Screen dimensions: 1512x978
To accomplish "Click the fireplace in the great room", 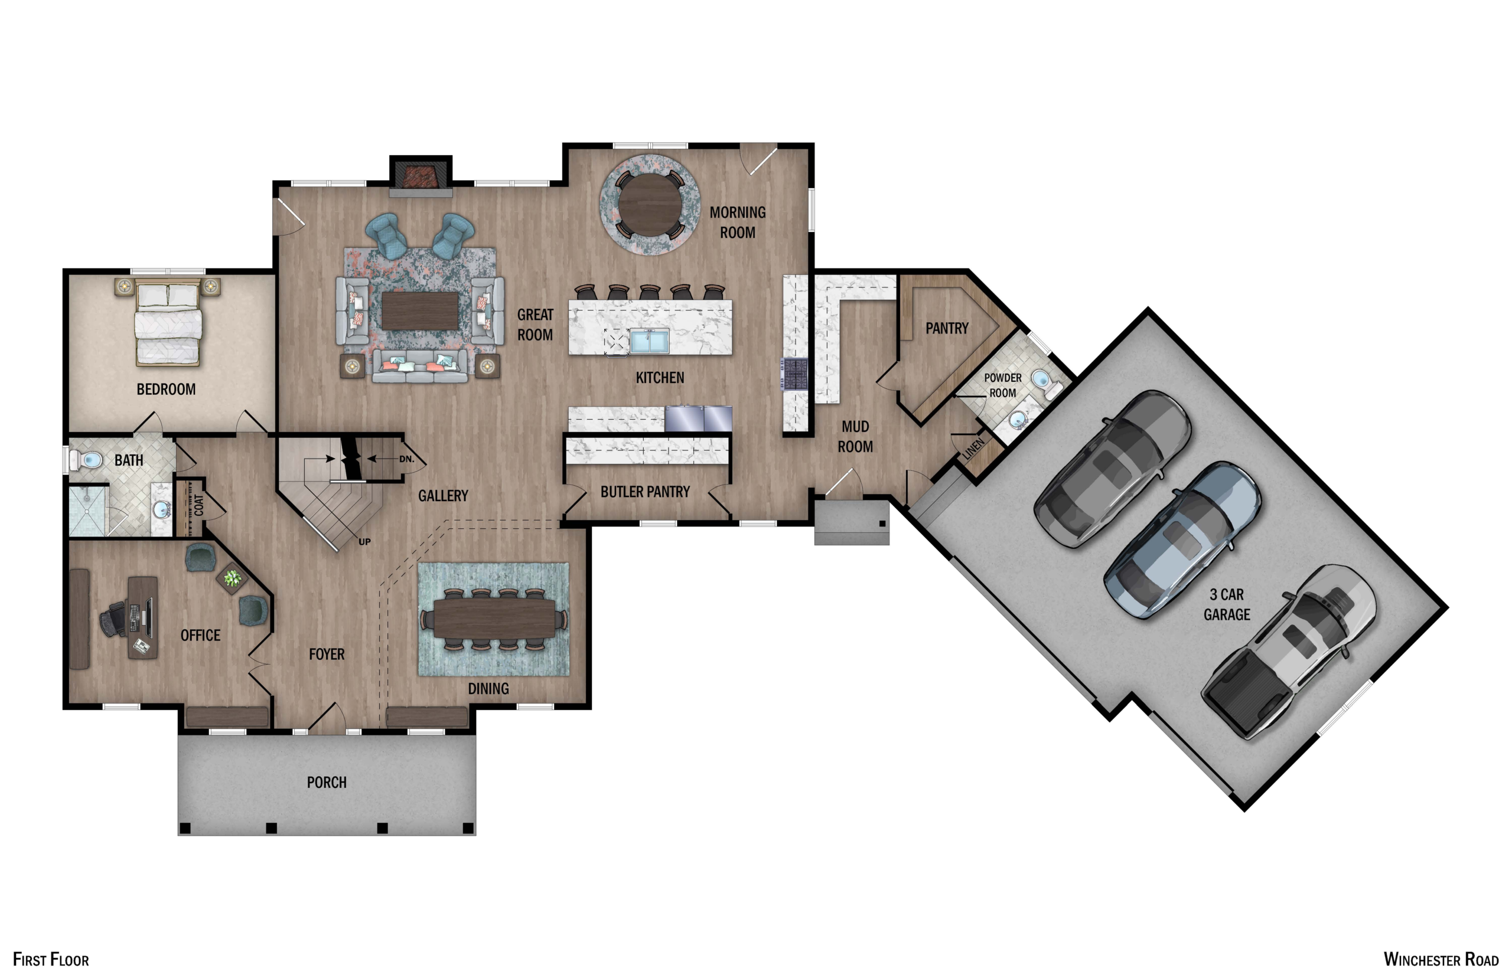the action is pos(421,176).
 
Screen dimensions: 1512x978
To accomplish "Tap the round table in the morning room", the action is pos(650,204).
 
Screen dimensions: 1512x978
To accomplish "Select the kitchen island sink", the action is pos(649,341).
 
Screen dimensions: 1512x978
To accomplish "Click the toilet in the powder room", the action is pos(1044,382).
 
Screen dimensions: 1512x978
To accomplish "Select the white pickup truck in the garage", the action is pos(1290,651).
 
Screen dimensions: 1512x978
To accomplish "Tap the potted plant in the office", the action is pos(233,578).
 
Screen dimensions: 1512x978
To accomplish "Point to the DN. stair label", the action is pos(406,459).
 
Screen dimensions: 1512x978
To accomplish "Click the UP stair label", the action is pos(364,542).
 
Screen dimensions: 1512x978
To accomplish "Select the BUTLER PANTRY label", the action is pos(645,492).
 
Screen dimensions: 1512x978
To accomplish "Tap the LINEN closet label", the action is pos(973,449).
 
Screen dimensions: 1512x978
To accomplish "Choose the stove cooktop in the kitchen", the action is pos(795,374).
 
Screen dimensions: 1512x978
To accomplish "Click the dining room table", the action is pos(494,619).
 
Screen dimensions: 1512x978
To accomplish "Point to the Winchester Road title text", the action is pos(1441,959).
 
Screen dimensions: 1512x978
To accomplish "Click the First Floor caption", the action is pos(51,959).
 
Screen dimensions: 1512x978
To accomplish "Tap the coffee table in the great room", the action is pos(420,310).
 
